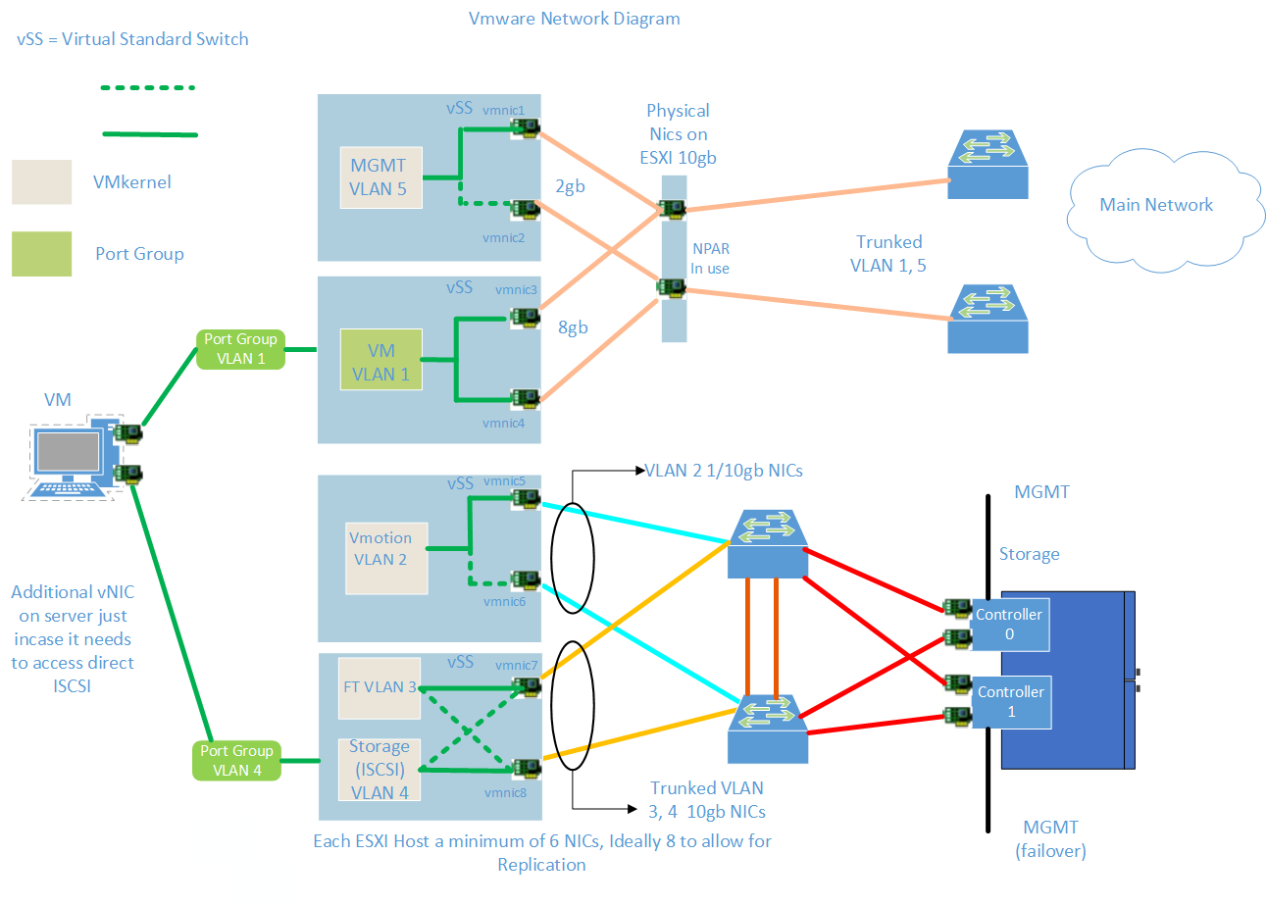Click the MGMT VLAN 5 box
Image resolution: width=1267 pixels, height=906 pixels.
point(380,177)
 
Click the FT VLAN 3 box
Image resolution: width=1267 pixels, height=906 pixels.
point(379,687)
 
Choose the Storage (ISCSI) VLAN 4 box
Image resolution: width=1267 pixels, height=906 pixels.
point(379,769)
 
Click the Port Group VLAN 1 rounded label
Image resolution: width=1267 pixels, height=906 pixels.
point(240,349)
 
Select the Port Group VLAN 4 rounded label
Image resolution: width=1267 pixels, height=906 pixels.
point(236,761)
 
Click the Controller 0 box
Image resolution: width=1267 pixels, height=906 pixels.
point(1011,625)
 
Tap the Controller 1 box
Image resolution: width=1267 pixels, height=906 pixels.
point(1011,702)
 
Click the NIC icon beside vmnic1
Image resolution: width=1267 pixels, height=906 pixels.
point(527,128)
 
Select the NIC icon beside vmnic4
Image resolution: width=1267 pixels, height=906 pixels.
point(527,398)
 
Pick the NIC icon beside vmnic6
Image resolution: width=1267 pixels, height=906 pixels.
point(527,579)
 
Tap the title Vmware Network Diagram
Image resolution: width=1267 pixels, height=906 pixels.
point(575,19)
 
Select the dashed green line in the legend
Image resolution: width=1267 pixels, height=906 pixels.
point(149,88)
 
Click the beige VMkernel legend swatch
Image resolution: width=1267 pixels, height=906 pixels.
point(41,182)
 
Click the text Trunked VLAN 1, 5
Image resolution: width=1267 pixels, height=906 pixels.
point(888,252)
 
